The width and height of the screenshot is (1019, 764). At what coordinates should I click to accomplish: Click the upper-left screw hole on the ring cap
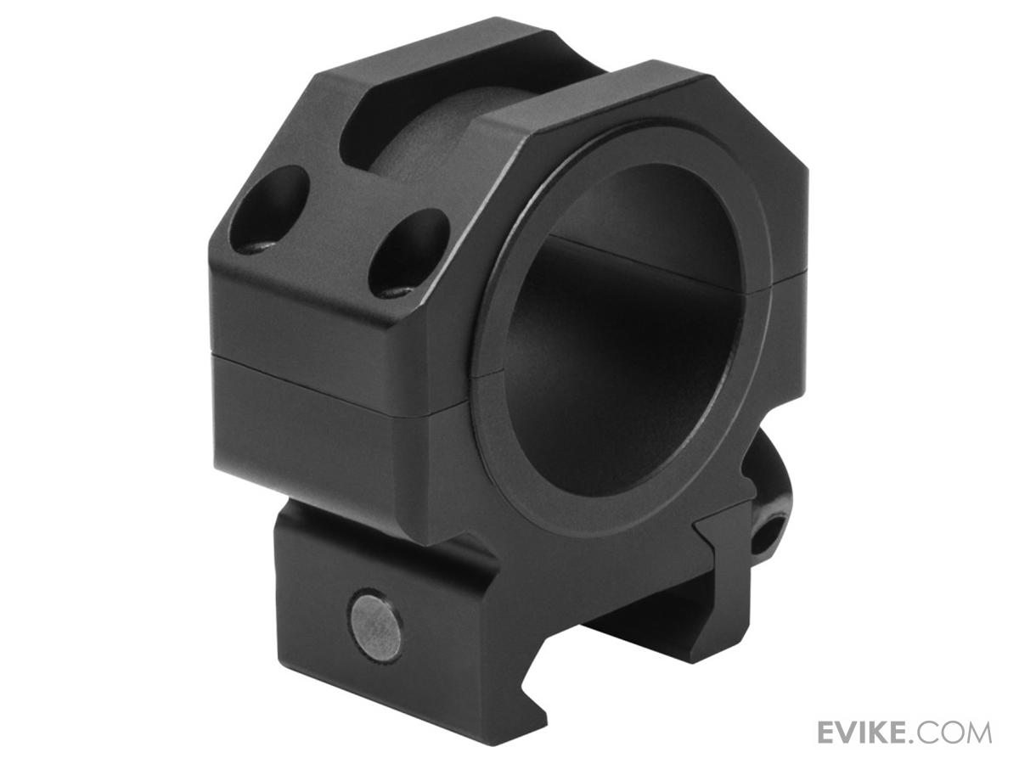point(270,209)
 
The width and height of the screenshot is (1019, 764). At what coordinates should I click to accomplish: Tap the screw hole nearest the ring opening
point(408,254)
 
